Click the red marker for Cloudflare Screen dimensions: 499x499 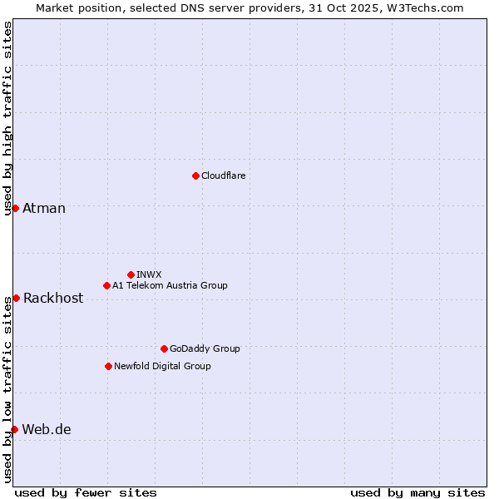195,175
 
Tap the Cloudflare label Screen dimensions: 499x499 223,175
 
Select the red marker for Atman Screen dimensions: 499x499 15,208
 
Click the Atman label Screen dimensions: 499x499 44,208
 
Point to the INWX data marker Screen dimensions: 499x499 131,274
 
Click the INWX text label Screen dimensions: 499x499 149,274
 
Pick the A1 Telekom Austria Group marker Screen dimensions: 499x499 106,285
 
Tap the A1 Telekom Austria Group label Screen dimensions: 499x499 170,285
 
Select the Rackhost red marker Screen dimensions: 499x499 16,298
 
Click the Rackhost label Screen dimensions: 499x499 53,298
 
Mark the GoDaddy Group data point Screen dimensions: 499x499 164,348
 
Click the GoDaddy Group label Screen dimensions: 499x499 205,348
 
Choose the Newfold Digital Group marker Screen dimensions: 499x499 108,366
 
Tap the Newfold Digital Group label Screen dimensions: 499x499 162,366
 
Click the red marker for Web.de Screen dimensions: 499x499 14,429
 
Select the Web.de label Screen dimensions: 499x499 47,429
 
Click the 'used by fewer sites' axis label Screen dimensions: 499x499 86,492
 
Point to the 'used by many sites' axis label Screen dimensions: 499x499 417,492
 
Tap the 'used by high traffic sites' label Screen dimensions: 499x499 7,119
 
